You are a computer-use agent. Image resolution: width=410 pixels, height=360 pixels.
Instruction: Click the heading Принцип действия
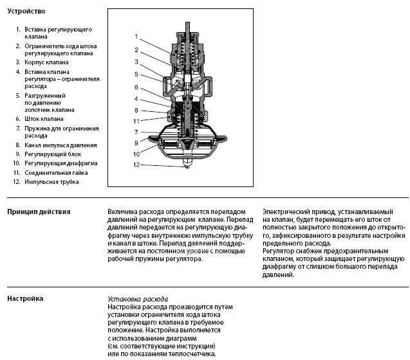39,212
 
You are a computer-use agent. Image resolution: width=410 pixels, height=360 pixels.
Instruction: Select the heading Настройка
25,299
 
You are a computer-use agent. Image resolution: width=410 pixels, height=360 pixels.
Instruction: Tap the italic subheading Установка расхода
138,300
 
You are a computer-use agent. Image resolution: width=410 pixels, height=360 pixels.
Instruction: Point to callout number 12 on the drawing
136,165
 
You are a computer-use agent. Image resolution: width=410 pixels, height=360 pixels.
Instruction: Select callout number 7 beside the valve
136,132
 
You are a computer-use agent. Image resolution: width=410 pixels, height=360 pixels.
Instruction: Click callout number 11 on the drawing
136,121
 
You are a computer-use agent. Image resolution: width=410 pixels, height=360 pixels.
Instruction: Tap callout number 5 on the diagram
136,74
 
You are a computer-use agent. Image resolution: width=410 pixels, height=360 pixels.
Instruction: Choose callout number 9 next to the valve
136,143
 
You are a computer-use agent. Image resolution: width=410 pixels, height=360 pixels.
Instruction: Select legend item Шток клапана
44,118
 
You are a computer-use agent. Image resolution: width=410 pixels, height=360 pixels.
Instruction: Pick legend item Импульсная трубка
51,182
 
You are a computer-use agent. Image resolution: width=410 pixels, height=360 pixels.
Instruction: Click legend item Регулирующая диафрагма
61,163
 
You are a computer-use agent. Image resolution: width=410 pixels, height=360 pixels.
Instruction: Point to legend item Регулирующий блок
51,154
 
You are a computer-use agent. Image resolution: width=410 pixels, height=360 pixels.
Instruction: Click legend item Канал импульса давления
61,145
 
